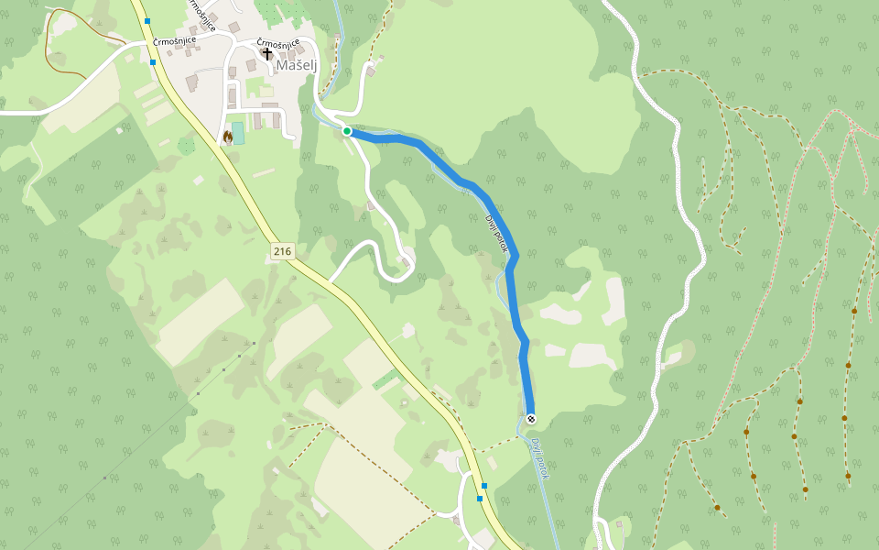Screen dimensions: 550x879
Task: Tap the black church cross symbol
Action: pos(267,53)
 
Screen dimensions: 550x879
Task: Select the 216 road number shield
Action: pos(281,250)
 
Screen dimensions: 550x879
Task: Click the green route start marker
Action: pos(347,131)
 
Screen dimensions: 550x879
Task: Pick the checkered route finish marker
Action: pos(531,419)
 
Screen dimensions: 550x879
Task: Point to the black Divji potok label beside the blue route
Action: pos(495,231)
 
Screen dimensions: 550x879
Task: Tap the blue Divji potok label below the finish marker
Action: pos(538,458)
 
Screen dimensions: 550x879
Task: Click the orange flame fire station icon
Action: pos(227,136)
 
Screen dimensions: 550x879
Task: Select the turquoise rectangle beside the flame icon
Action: pos(239,133)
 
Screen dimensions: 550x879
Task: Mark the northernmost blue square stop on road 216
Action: pos(146,20)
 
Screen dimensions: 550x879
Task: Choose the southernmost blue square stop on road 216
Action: pos(480,499)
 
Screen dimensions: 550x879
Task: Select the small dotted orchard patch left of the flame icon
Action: pos(187,146)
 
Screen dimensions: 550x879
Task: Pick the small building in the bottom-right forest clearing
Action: pos(619,526)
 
